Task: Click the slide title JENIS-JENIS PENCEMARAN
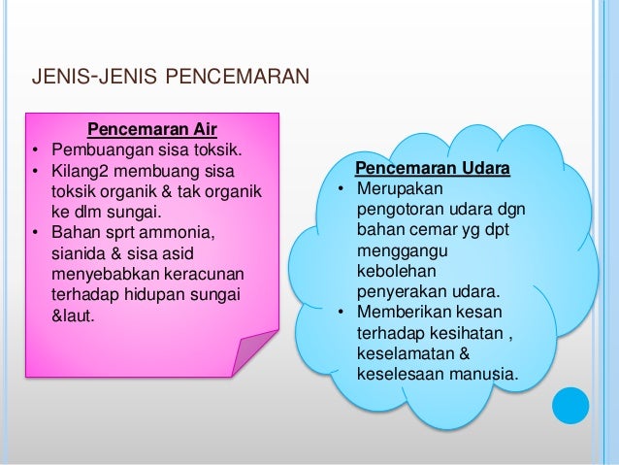point(171,75)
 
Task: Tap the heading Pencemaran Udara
point(433,170)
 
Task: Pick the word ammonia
point(187,232)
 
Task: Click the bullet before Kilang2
point(35,172)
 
